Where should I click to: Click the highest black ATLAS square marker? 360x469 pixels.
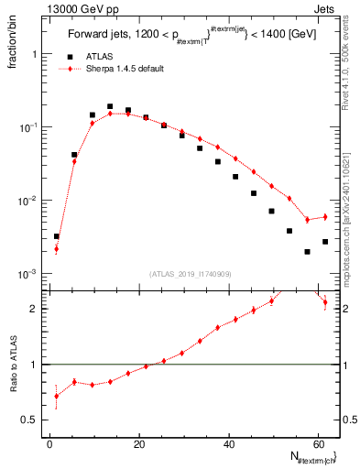(x=110, y=106)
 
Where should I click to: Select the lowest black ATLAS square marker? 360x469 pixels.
(x=307, y=252)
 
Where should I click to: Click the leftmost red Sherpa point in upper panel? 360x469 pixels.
(x=57, y=248)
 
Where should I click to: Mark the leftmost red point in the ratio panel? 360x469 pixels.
(x=57, y=396)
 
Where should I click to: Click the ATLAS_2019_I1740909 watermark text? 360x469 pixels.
(x=191, y=274)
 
